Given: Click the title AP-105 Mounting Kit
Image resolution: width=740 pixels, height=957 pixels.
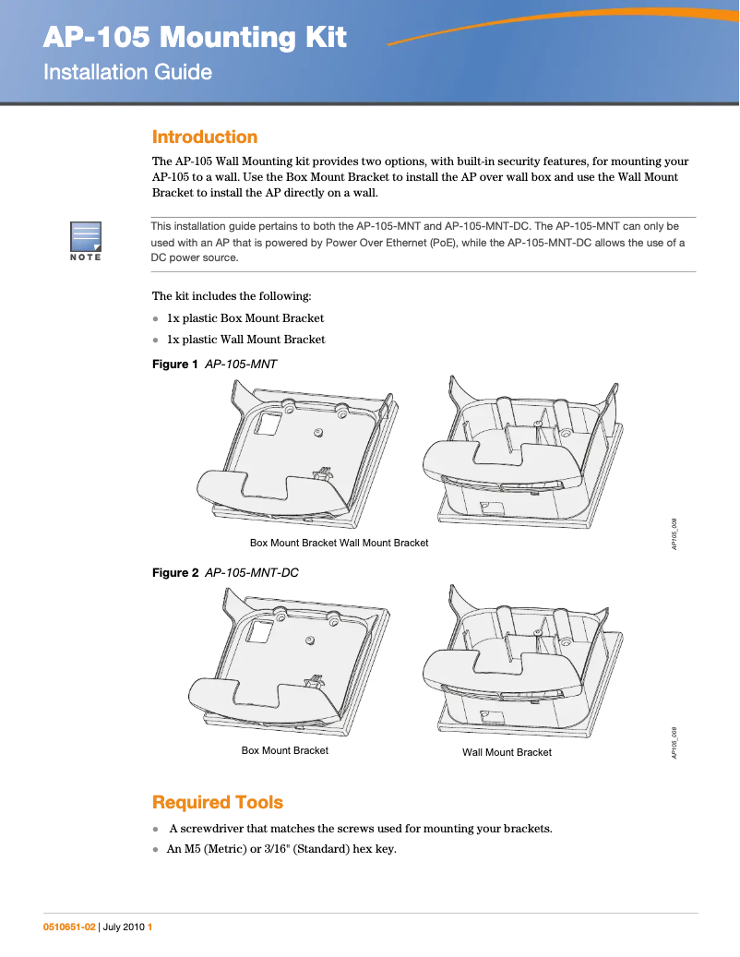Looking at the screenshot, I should (195, 38).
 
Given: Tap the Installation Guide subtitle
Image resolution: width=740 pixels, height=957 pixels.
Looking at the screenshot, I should (127, 72).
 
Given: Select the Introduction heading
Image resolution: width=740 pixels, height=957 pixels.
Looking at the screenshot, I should (204, 138).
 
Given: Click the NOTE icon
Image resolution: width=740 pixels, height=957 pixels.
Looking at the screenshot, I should (85, 241).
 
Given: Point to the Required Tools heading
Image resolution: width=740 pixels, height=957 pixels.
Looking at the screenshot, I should (217, 802).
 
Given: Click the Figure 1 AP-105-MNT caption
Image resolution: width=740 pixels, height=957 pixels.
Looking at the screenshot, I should (214, 365).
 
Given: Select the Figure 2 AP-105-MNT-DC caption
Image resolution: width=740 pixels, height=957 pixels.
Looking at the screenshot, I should (224, 573).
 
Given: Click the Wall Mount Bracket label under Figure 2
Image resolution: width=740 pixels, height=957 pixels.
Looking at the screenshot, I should (507, 753).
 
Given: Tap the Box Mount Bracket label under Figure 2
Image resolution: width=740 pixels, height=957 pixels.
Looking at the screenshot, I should (284, 751).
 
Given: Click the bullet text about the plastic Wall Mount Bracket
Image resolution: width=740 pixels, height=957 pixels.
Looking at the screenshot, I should (245, 340).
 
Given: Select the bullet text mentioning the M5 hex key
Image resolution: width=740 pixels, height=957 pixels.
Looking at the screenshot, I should (280, 849).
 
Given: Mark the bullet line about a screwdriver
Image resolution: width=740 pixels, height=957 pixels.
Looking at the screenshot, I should (360, 828).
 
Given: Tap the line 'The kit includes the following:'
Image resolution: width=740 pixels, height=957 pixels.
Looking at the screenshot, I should (232, 296).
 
